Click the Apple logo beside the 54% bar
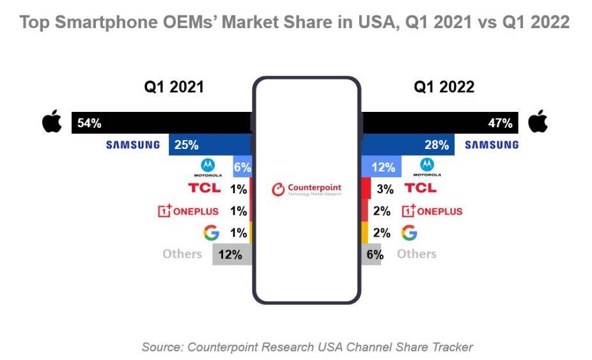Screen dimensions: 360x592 point(52,123)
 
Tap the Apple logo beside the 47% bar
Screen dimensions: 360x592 point(538,122)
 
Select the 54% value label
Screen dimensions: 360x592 point(90,123)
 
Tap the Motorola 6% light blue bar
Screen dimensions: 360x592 point(244,168)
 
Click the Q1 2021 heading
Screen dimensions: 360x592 point(173,87)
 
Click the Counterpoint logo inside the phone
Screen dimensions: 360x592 point(306,189)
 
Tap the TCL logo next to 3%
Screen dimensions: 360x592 point(420,188)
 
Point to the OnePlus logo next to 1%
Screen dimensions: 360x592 point(188,211)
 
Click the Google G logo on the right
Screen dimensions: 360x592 point(409,233)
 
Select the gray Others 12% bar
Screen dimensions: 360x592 point(231,254)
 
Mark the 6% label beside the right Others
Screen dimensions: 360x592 point(375,254)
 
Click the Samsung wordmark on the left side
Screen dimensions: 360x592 point(133,145)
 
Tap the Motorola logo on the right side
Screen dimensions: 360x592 point(426,168)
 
